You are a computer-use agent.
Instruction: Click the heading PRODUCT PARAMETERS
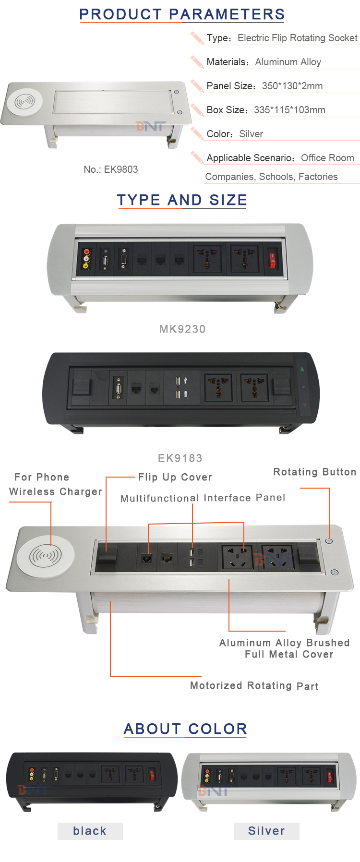pyautogui.click(x=182, y=14)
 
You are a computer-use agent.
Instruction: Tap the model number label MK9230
pyautogui.click(x=182, y=329)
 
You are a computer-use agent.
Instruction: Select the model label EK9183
pyautogui.click(x=180, y=458)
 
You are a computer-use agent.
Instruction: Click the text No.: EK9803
pyautogui.click(x=110, y=169)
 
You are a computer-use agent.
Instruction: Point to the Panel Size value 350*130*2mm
pyautogui.click(x=292, y=86)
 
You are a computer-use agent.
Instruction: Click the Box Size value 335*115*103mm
pyautogui.click(x=289, y=110)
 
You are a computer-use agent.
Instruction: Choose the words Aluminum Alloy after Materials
pyautogui.click(x=288, y=62)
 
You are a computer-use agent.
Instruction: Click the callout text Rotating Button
pyautogui.click(x=315, y=472)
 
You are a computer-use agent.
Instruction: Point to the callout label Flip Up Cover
pyautogui.click(x=175, y=478)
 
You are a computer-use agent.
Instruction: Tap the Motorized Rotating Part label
pyautogui.click(x=254, y=686)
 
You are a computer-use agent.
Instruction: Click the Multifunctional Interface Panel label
pyautogui.click(x=203, y=498)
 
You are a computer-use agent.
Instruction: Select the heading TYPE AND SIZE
pyautogui.click(x=182, y=200)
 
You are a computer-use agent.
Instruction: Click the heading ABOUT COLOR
pyautogui.click(x=185, y=729)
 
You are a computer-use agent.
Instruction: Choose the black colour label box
pyautogui.click(x=90, y=831)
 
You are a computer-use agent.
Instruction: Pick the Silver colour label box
pyautogui.click(x=267, y=831)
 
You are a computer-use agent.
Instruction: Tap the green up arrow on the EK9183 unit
pyautogui.click(x=302, y=369)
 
